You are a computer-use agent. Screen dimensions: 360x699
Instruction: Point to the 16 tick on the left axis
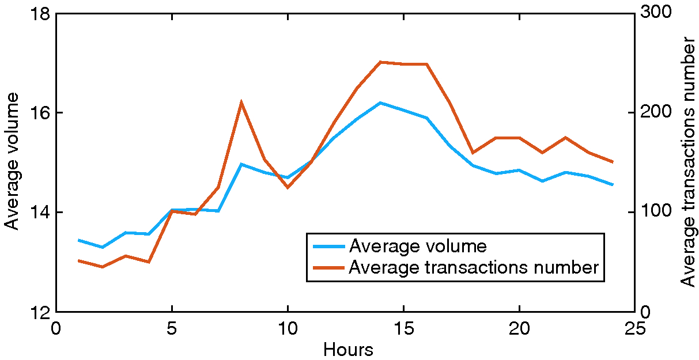[40, 113]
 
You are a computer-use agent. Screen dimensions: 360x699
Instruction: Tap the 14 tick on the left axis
[40, 213]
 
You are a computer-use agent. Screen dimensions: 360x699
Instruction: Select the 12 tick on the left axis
[40, 312]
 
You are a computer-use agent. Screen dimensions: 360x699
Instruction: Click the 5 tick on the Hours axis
[172, 328]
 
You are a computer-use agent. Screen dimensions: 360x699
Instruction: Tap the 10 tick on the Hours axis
[288, 328]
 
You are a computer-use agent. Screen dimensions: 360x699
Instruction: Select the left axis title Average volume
[13, 162]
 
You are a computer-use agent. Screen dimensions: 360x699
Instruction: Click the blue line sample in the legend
[329, 247]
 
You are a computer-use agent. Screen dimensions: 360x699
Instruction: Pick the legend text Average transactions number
[474, 267]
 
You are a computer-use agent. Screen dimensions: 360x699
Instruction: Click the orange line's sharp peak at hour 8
[241, 102]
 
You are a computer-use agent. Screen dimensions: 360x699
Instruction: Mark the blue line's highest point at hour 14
[380, 103]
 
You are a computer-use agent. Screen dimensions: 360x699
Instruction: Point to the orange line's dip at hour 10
[288, 187]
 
